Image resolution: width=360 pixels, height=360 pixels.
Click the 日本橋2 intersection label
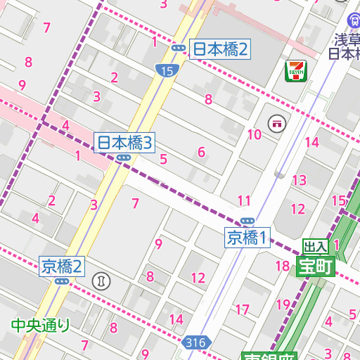click(221, 49)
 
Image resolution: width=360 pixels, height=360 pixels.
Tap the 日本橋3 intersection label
click(124, 143)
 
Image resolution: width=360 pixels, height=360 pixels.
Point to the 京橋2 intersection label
click(62, 266)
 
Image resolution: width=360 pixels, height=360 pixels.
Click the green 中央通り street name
click(41, 325)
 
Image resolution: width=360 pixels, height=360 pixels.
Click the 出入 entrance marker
click(315, 246)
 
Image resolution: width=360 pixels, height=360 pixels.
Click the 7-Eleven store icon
click(294, 70)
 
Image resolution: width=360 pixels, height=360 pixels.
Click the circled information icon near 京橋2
click(102, 281)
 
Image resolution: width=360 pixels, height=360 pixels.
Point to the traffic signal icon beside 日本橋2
click(179, 49)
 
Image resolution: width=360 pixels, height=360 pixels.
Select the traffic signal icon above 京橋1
click(247, 221)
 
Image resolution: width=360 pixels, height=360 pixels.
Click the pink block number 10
click(255, 134)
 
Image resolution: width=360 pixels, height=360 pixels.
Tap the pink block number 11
click(244, 200)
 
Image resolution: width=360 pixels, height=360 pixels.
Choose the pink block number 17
click(243, 309)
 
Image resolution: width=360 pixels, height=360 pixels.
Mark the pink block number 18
click(283, 266)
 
